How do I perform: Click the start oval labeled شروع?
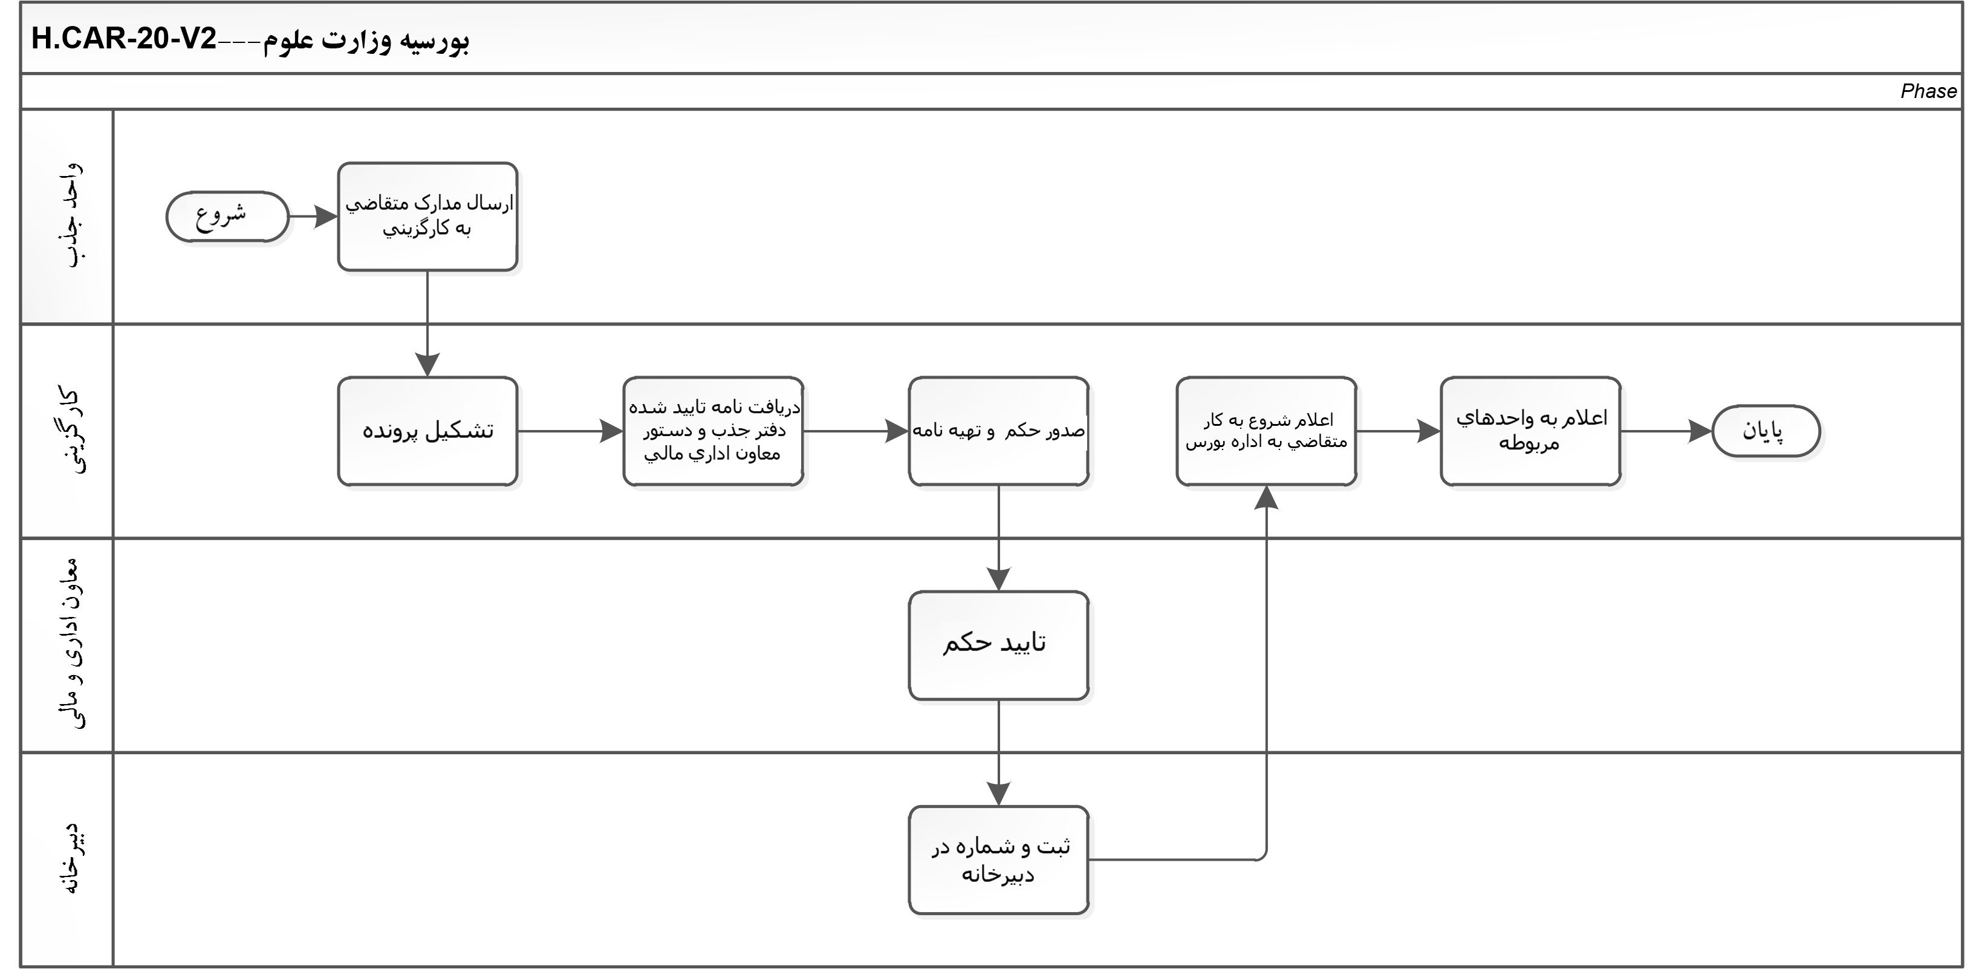coord(227,217)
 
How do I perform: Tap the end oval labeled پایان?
coord(1766,431)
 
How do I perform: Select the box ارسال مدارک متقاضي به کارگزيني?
coord(427,217)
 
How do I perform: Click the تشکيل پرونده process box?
coord(427,431)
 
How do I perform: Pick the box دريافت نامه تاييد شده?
coord(713,431)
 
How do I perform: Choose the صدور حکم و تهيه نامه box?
coord(998,431)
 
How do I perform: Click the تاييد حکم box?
coord(998,645)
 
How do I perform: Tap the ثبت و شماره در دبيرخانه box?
coord(998,860)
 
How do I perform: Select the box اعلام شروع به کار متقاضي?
coord(1266,431)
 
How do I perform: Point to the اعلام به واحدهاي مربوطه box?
coord(1530,431)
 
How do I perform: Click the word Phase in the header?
coord(1928,91)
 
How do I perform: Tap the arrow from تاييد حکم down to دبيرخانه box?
coord(998,753)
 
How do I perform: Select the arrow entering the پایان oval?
coord(1667,431)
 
